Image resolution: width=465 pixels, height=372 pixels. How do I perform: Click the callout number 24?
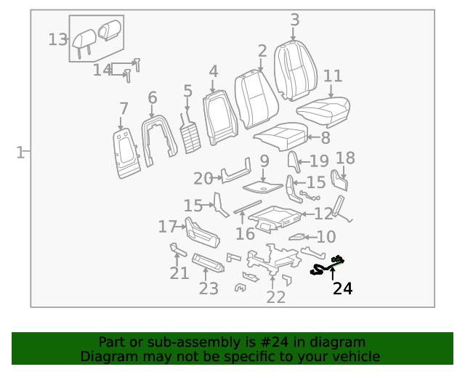click(342, 288)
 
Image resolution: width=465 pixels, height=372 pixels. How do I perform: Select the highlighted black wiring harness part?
click(327, 267)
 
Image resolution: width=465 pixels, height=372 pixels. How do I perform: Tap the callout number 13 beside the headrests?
click(58, 39)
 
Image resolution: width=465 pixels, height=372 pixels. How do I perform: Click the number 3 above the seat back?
click(294, 20)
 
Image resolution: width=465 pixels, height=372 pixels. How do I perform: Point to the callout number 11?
click(333, 76)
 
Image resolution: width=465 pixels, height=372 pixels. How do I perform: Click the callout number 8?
click(325, 137)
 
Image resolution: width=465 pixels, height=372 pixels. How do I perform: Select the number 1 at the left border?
click(20, 153)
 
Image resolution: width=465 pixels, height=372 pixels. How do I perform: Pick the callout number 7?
click(124, 109)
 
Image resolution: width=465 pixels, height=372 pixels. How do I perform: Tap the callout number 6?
click(152, 97)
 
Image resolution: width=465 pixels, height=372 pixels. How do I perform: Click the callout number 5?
click(187, 91)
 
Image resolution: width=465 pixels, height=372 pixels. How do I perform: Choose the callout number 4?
click(213, 71)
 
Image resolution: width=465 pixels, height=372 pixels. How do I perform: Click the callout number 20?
click(203, 179)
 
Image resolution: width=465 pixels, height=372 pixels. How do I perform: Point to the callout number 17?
click(167, 227)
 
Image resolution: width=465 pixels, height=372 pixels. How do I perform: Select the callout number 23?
click(209, 288)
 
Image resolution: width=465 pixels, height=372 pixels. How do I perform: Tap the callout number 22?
click(276, 296)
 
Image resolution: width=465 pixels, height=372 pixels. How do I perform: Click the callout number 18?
click(345, 158)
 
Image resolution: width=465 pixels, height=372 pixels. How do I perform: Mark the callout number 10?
click(326, 236)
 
